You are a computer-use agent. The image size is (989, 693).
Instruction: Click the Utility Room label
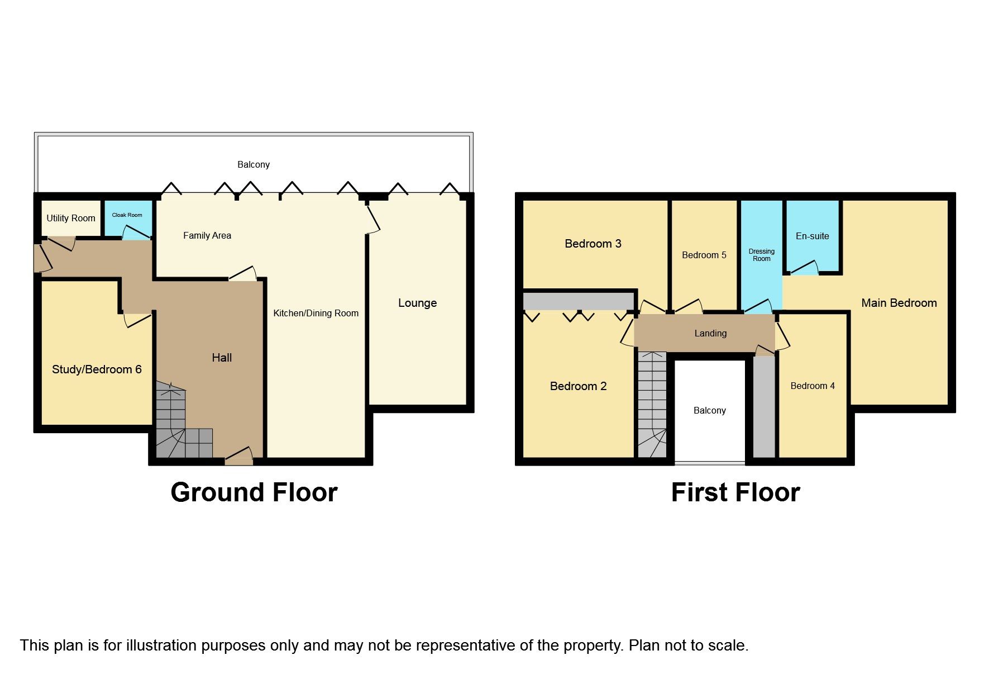pos(71,218)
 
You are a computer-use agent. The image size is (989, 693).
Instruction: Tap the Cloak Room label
pos(127,215)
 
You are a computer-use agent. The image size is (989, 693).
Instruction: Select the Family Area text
pos(207,235)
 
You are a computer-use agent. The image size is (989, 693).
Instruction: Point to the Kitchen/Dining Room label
pos(316,313)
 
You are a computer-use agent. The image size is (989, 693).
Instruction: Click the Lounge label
pos(417,303)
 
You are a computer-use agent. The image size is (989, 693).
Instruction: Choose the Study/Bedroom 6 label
pos(97,369)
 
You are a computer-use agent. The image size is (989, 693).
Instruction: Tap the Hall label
pos(222,358)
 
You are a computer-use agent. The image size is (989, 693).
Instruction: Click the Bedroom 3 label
pos(593,244)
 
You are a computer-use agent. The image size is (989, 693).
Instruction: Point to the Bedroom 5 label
pos(704,255)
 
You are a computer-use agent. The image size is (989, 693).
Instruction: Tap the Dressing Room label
pos(761,255)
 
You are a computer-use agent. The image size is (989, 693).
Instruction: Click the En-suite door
pos(804,269)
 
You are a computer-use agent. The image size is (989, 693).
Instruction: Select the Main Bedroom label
pos(899,303)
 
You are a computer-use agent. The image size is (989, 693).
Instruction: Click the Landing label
pos(710,333)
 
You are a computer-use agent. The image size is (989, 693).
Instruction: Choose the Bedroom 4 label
pos(813,386)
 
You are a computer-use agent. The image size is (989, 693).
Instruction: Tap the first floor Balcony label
pos(709,410)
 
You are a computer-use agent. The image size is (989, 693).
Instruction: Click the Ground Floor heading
pos(254,492)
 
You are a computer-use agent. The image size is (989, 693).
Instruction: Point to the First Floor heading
pos(735,492)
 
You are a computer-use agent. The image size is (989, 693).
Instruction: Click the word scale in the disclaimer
pos(725,645)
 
